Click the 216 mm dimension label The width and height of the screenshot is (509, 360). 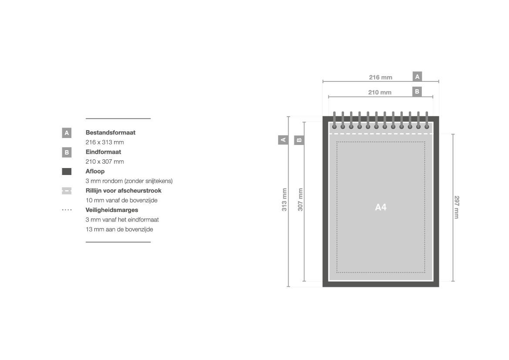coord(381,77)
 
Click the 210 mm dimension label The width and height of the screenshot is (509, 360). coord(380,92)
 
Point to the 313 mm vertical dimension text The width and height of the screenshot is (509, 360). coord(284,200)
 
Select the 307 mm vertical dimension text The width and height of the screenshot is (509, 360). coord(300,200)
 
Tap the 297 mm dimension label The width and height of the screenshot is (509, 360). coord(456,207)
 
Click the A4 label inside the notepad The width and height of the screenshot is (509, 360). coord(381,207)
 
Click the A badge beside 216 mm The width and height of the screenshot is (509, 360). coord(417,77)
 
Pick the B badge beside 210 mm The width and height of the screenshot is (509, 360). coord(417,91)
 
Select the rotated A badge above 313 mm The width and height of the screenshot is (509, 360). coord(283,140)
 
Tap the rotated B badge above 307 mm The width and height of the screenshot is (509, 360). coord(299,140)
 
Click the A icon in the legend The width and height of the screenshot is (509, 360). coord(67,133)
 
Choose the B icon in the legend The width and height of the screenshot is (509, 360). coord(67,152)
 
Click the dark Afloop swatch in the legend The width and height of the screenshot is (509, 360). coord(67,172)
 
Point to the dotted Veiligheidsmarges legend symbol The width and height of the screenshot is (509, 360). coord(67,210)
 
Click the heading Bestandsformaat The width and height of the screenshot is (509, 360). coord(110,132)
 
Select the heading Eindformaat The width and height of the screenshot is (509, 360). coord(103,152)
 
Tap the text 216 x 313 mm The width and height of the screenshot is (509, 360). coord(104,142)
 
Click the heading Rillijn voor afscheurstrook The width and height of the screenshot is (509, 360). coord(123,191)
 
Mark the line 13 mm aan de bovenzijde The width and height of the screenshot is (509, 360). coord(119,229)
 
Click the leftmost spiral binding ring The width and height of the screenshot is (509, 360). coord(334,121)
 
